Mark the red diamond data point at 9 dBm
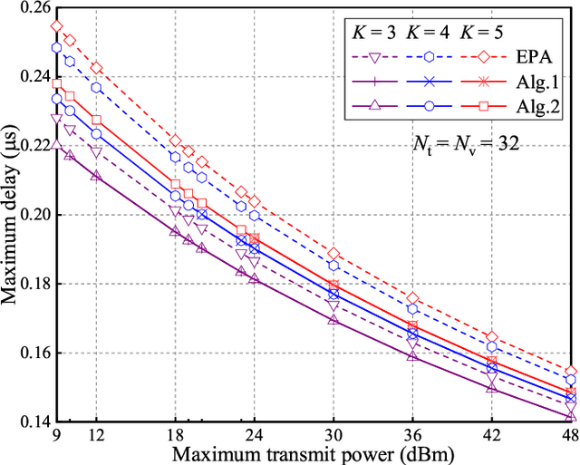57,26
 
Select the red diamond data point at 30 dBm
333,254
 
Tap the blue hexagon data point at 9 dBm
57,47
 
